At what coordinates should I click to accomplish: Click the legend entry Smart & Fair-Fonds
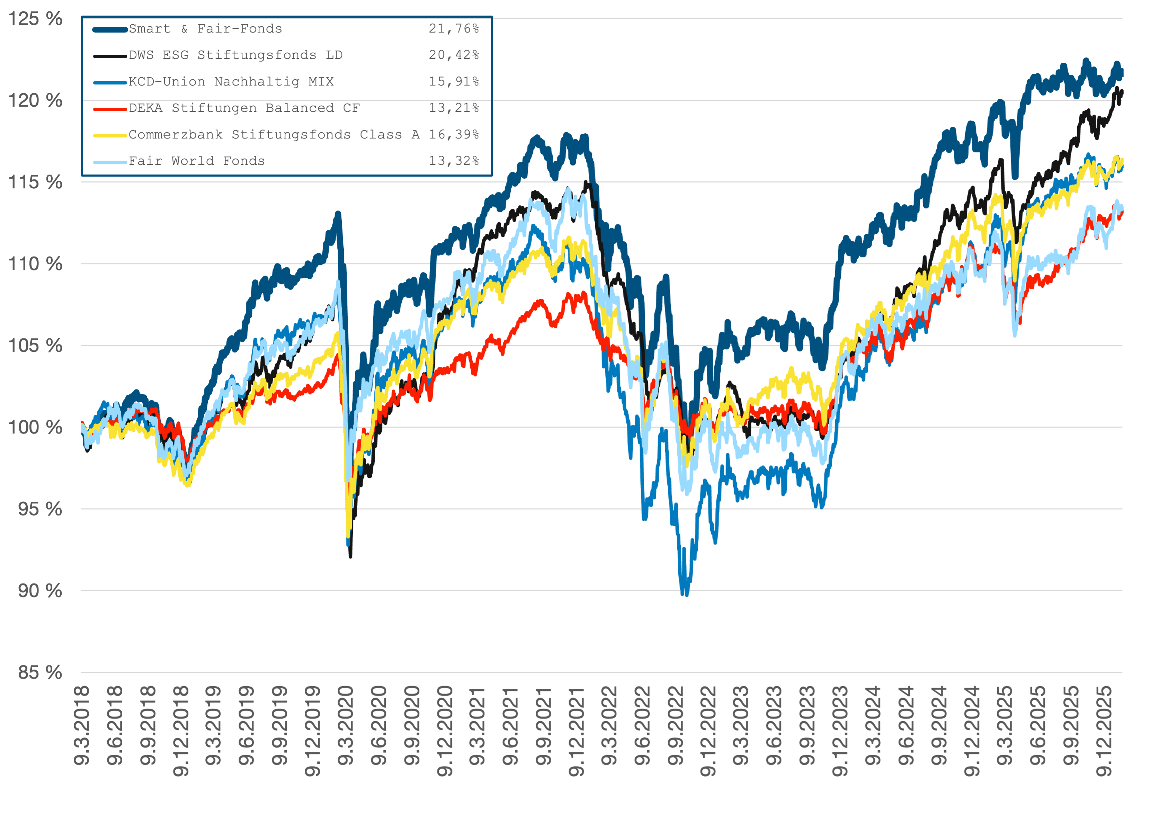pos(205,29)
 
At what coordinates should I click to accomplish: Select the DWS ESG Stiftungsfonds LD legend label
pos(235,55)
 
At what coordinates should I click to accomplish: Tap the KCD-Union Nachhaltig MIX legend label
pos(231,82)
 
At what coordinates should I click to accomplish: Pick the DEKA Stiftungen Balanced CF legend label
pos(244,108)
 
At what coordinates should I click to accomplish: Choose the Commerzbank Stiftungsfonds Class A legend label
pos(274,135)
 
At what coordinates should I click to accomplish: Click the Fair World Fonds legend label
pos(196,161)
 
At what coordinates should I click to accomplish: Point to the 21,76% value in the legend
pos(454,29)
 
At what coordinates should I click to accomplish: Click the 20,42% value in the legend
pos(454,55)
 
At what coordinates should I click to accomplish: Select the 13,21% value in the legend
pos(454,108)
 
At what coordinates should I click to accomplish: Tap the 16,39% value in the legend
pos(454,135)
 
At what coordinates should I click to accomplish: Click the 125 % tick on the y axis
pos(35,19)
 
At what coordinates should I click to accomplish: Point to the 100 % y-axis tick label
pos(35,427)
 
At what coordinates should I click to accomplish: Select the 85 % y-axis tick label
pos(40,672)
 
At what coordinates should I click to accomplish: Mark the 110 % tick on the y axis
pos(35,264)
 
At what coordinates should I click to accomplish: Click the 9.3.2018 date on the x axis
pos(82,725)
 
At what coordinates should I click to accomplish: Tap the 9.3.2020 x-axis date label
pos(346,725)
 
